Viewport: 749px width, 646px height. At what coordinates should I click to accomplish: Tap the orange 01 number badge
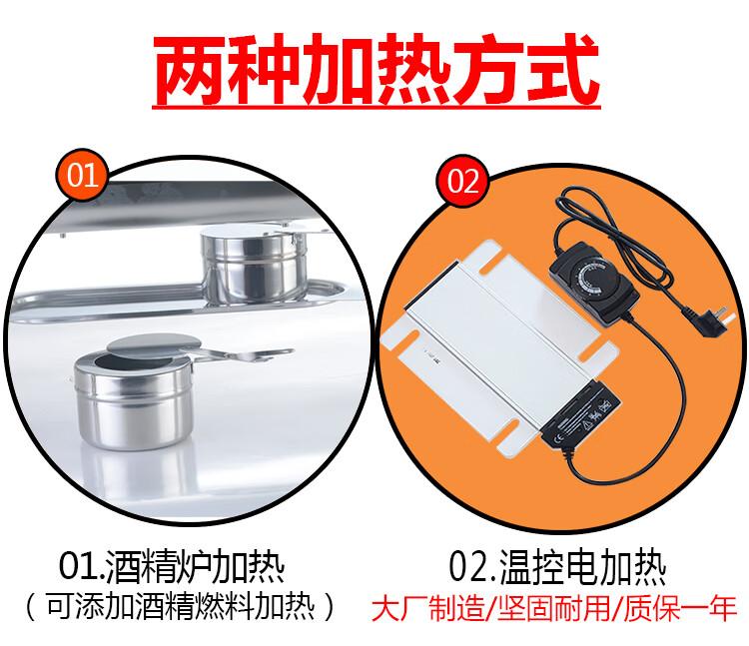(82, 175)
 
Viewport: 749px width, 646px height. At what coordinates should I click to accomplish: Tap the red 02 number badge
(462, 181)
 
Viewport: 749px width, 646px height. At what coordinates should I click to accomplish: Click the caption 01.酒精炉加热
(172, 567)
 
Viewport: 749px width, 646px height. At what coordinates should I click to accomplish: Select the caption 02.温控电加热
(557, 567)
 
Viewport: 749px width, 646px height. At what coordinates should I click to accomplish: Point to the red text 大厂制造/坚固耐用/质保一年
(554, 608)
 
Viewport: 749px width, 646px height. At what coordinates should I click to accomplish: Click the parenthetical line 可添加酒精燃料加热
(181, 606)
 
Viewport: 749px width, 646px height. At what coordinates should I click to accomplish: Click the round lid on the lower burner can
(153, 345)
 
